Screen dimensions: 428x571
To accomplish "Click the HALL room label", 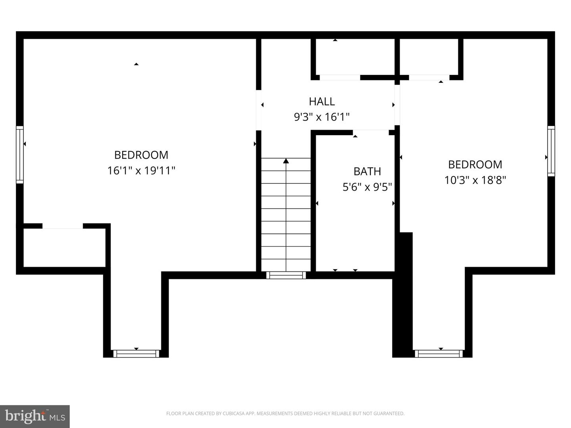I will coord(322,101).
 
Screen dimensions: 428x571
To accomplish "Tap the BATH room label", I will coord(367,171).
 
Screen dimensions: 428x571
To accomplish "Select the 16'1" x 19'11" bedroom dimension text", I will coord(141,171).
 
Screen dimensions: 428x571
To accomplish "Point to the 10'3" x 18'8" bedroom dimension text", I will coord(475,180).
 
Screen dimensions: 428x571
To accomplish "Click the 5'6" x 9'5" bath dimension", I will coord(367,187).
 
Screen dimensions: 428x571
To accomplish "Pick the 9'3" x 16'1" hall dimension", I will coord(322,117).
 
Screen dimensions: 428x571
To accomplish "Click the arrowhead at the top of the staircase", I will coord(286,161).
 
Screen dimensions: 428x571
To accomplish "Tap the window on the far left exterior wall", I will coord(20,155).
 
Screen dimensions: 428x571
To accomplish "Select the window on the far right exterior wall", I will coord(551,151).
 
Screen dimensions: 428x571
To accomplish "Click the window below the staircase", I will coord(286,275).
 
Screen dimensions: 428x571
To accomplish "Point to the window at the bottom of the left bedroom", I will coord(136,353).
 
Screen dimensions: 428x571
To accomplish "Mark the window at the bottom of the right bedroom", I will coord(439,353).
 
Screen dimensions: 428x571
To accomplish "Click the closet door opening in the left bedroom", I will coord(63,226).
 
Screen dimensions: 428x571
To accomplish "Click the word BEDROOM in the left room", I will coord(141,155).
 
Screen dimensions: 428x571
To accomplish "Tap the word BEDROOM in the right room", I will coord(475,164).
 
